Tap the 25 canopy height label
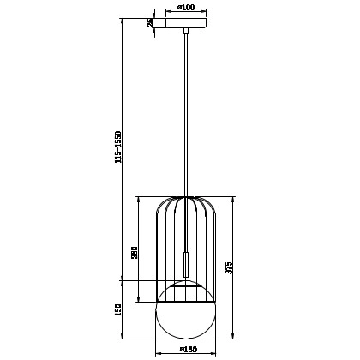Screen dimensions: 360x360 click(x=150, y=23)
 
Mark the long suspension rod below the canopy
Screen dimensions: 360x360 click(x=184, y=111)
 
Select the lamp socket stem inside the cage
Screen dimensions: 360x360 click(x=184, y=261)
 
